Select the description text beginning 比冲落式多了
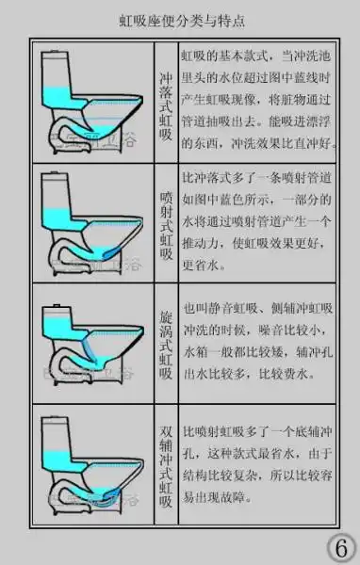(x=259, y=221)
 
